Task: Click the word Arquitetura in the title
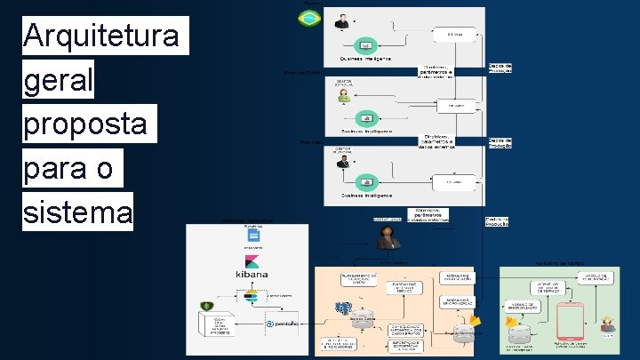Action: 105,36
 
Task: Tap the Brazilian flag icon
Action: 309,17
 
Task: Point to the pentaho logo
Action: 285,324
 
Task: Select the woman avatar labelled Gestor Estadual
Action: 344,95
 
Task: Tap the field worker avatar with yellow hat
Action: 608,324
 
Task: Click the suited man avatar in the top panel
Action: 341,22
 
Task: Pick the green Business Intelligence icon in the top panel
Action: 364,45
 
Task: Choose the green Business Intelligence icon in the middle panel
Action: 364,118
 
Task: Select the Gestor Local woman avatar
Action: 388,237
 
